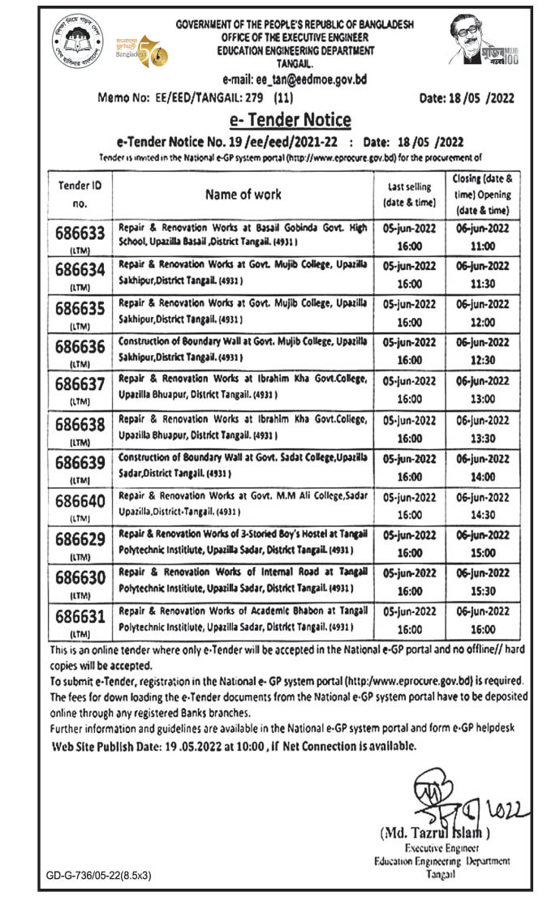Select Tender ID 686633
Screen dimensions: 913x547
click(x=80, y=234)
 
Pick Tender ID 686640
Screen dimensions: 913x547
click(x=80, y=500)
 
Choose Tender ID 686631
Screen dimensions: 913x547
click(x=80, y=617)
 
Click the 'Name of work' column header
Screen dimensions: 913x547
click(x=243, y=194)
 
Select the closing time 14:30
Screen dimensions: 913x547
click(x=481, y=514)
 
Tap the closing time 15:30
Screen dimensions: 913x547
click(x=481, y=592)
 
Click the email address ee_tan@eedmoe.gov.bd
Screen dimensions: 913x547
click(x=295, y=79)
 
